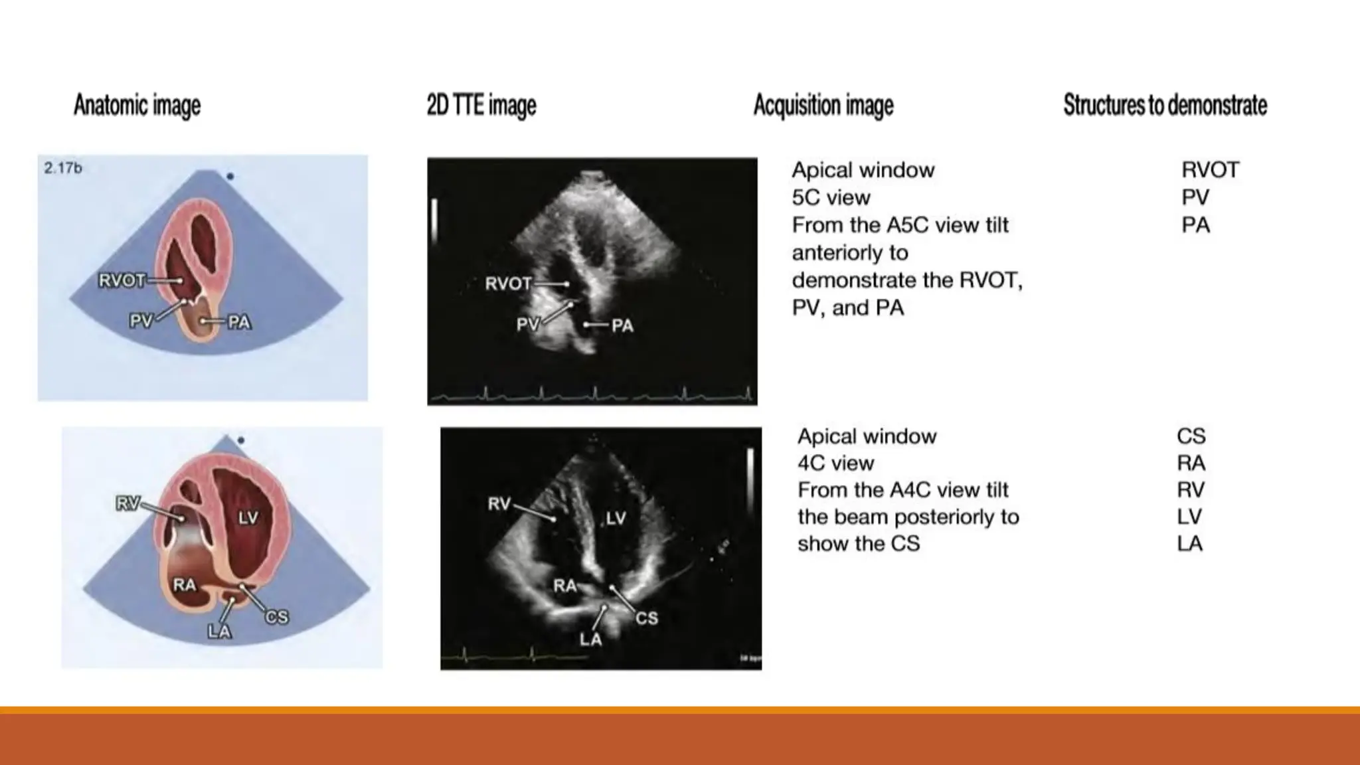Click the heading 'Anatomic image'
[x=137, y=106]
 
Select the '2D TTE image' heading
[x=481, y=106]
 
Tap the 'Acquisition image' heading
[x=823, y=106]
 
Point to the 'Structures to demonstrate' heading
[x=1165, y=106]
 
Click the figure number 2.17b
[x=63, y=168]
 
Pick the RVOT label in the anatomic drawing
[x=122, y=281]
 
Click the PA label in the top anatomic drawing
[x=239, y=323]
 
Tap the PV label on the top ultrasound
[x=528, y=325]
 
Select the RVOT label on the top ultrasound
[x=508, y=284]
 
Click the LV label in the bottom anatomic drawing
[x=248, y=518]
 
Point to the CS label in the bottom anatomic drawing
[x=277, y=617]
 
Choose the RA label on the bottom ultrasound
[x=564, y=586]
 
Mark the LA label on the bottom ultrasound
[x=590, y=639]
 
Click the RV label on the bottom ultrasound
[x=499, y=504]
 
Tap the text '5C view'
[x=831, y=198]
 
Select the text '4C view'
[x=835, y=464]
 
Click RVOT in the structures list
[x=1210, y=170]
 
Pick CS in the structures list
[x=1191, y=436]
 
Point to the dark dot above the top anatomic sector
[x=230, y=177]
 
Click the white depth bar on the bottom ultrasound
[x=750, y=475]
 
